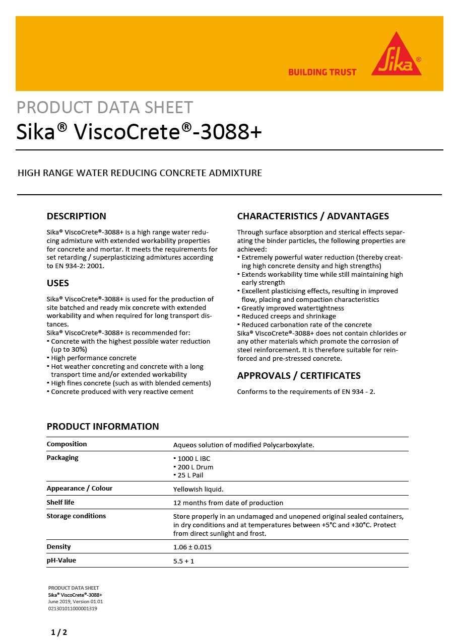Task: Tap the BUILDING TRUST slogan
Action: click(x=322, y=72)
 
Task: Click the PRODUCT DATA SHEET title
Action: click(x=105, y=108)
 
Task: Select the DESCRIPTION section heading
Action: click(x=76, y=216)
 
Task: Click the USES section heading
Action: click(x=58, y=283)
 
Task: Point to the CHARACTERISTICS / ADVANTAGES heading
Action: click(x=313, y=216)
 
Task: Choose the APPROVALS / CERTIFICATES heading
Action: click(x=299, y=376)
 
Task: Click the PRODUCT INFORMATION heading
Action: click(x=103, y=427)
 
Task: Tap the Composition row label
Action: click(x=67, y=444)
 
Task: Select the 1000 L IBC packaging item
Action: click(x=193, y=459)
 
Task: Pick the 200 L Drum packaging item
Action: click(x=195, y=467)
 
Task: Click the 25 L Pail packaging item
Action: click(x=190, y=475)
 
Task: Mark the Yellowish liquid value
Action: click(x=198, y=489)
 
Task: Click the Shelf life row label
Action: click(x=61, y=503)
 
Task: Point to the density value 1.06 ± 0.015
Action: click(x=192, y=547)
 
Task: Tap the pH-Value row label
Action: click(x=61, y=560)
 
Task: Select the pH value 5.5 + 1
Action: click(x=183, y=561)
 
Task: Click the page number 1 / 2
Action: click(x=59, y=632)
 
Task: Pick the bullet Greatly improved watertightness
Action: click(x=292, y=308)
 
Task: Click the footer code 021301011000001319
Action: click(x=73, y=608)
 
